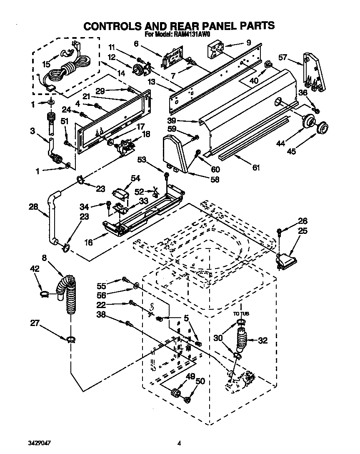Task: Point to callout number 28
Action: coord(34,206)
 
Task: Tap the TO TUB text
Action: coord(241,313)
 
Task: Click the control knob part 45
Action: coord(322,128)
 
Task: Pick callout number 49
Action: coord(190,377)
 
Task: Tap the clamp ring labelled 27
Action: coord(70,338)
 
